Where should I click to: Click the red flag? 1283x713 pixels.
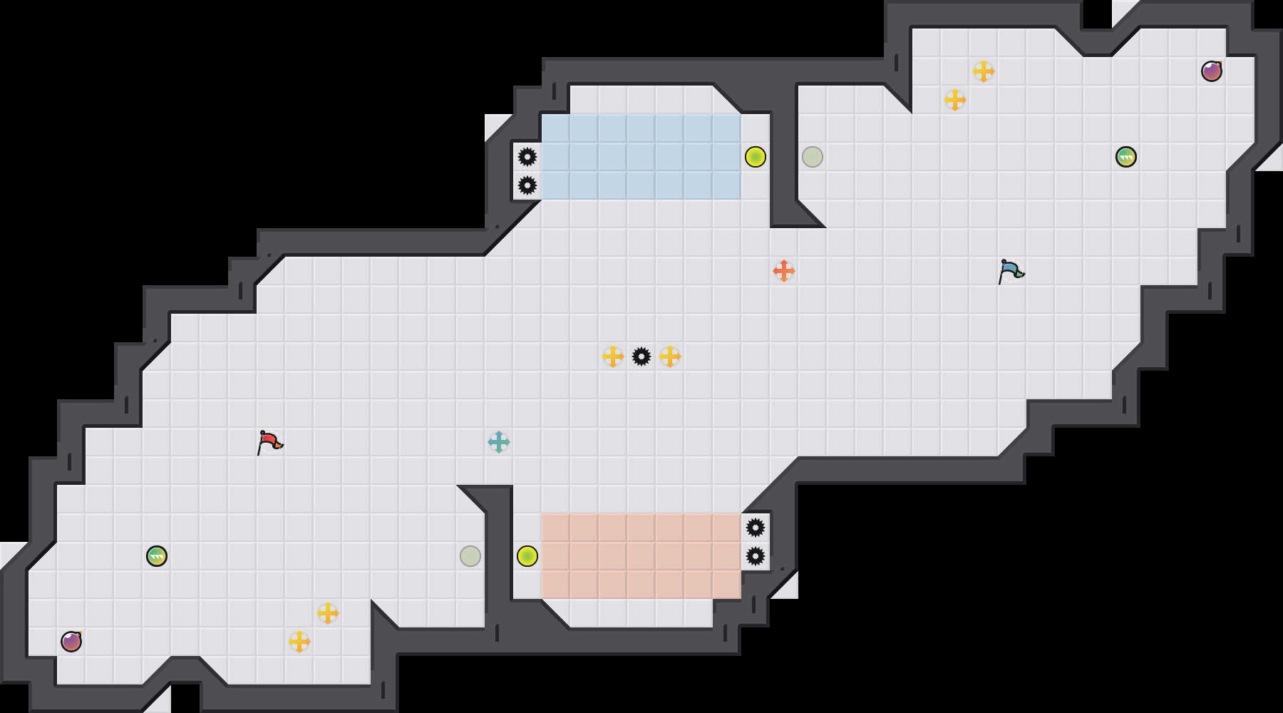(x=270, y=442)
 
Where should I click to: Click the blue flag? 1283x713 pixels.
(x=1011, y=271)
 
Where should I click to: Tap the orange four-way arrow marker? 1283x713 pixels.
(x=784, y=271)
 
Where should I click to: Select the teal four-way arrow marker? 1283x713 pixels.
(x=499, y=442)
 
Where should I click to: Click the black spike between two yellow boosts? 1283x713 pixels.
(x=641, y=356)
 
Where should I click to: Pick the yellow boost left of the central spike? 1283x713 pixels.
(x=613, y=356)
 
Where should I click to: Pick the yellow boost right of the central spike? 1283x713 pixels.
(x=670, y=356)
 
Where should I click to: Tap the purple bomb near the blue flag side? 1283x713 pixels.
(x=1212, y=71)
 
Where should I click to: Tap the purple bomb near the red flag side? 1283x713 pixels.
(x=71, y=642)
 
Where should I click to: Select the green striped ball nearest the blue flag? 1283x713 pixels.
(x=1126, y=157)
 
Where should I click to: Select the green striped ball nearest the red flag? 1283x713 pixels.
(x=157, y=556)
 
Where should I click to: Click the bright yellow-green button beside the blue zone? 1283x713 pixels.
(x=756, y=157)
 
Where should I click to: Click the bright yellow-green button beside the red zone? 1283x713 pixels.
(x=527, y=556)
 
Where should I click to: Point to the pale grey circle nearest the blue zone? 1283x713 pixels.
(x=813, y=157)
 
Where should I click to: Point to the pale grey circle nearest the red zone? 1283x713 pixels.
(x=470, y=556)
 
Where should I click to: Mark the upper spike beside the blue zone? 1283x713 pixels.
(x=527, y=157)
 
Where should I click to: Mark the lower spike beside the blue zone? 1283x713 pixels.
(x=527, y=185)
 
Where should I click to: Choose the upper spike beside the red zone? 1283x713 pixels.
(x=756, y=528)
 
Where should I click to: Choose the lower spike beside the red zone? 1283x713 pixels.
(x=756, y=556)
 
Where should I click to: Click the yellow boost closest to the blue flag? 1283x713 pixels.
(x=955, y=100)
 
